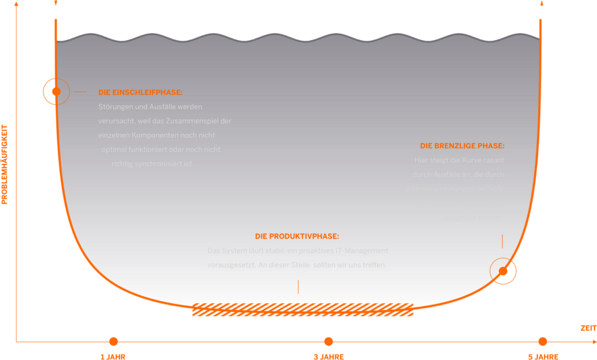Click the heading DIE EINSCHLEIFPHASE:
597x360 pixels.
tap(140, 93)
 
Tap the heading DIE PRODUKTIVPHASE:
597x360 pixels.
tap(297, 237)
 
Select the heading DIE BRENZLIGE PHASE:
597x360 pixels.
tap(462, 146)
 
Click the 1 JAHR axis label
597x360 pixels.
tap(113, 357)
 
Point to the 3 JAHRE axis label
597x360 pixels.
tap(328, 357)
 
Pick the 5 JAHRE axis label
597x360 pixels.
tap(543, 357)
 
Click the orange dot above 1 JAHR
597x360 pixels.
tap(114, 341)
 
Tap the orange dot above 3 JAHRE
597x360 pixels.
tap(328, 341)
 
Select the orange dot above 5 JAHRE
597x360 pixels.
tap(543, 341)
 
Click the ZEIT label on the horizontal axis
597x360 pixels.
tap(588, 329)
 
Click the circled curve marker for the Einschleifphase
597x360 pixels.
tap(56, 91)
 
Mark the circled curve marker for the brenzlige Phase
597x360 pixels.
tap(503, 271)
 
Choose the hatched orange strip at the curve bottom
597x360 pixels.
tap(303, 310)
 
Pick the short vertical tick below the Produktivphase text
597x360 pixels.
tap(298, 287)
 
